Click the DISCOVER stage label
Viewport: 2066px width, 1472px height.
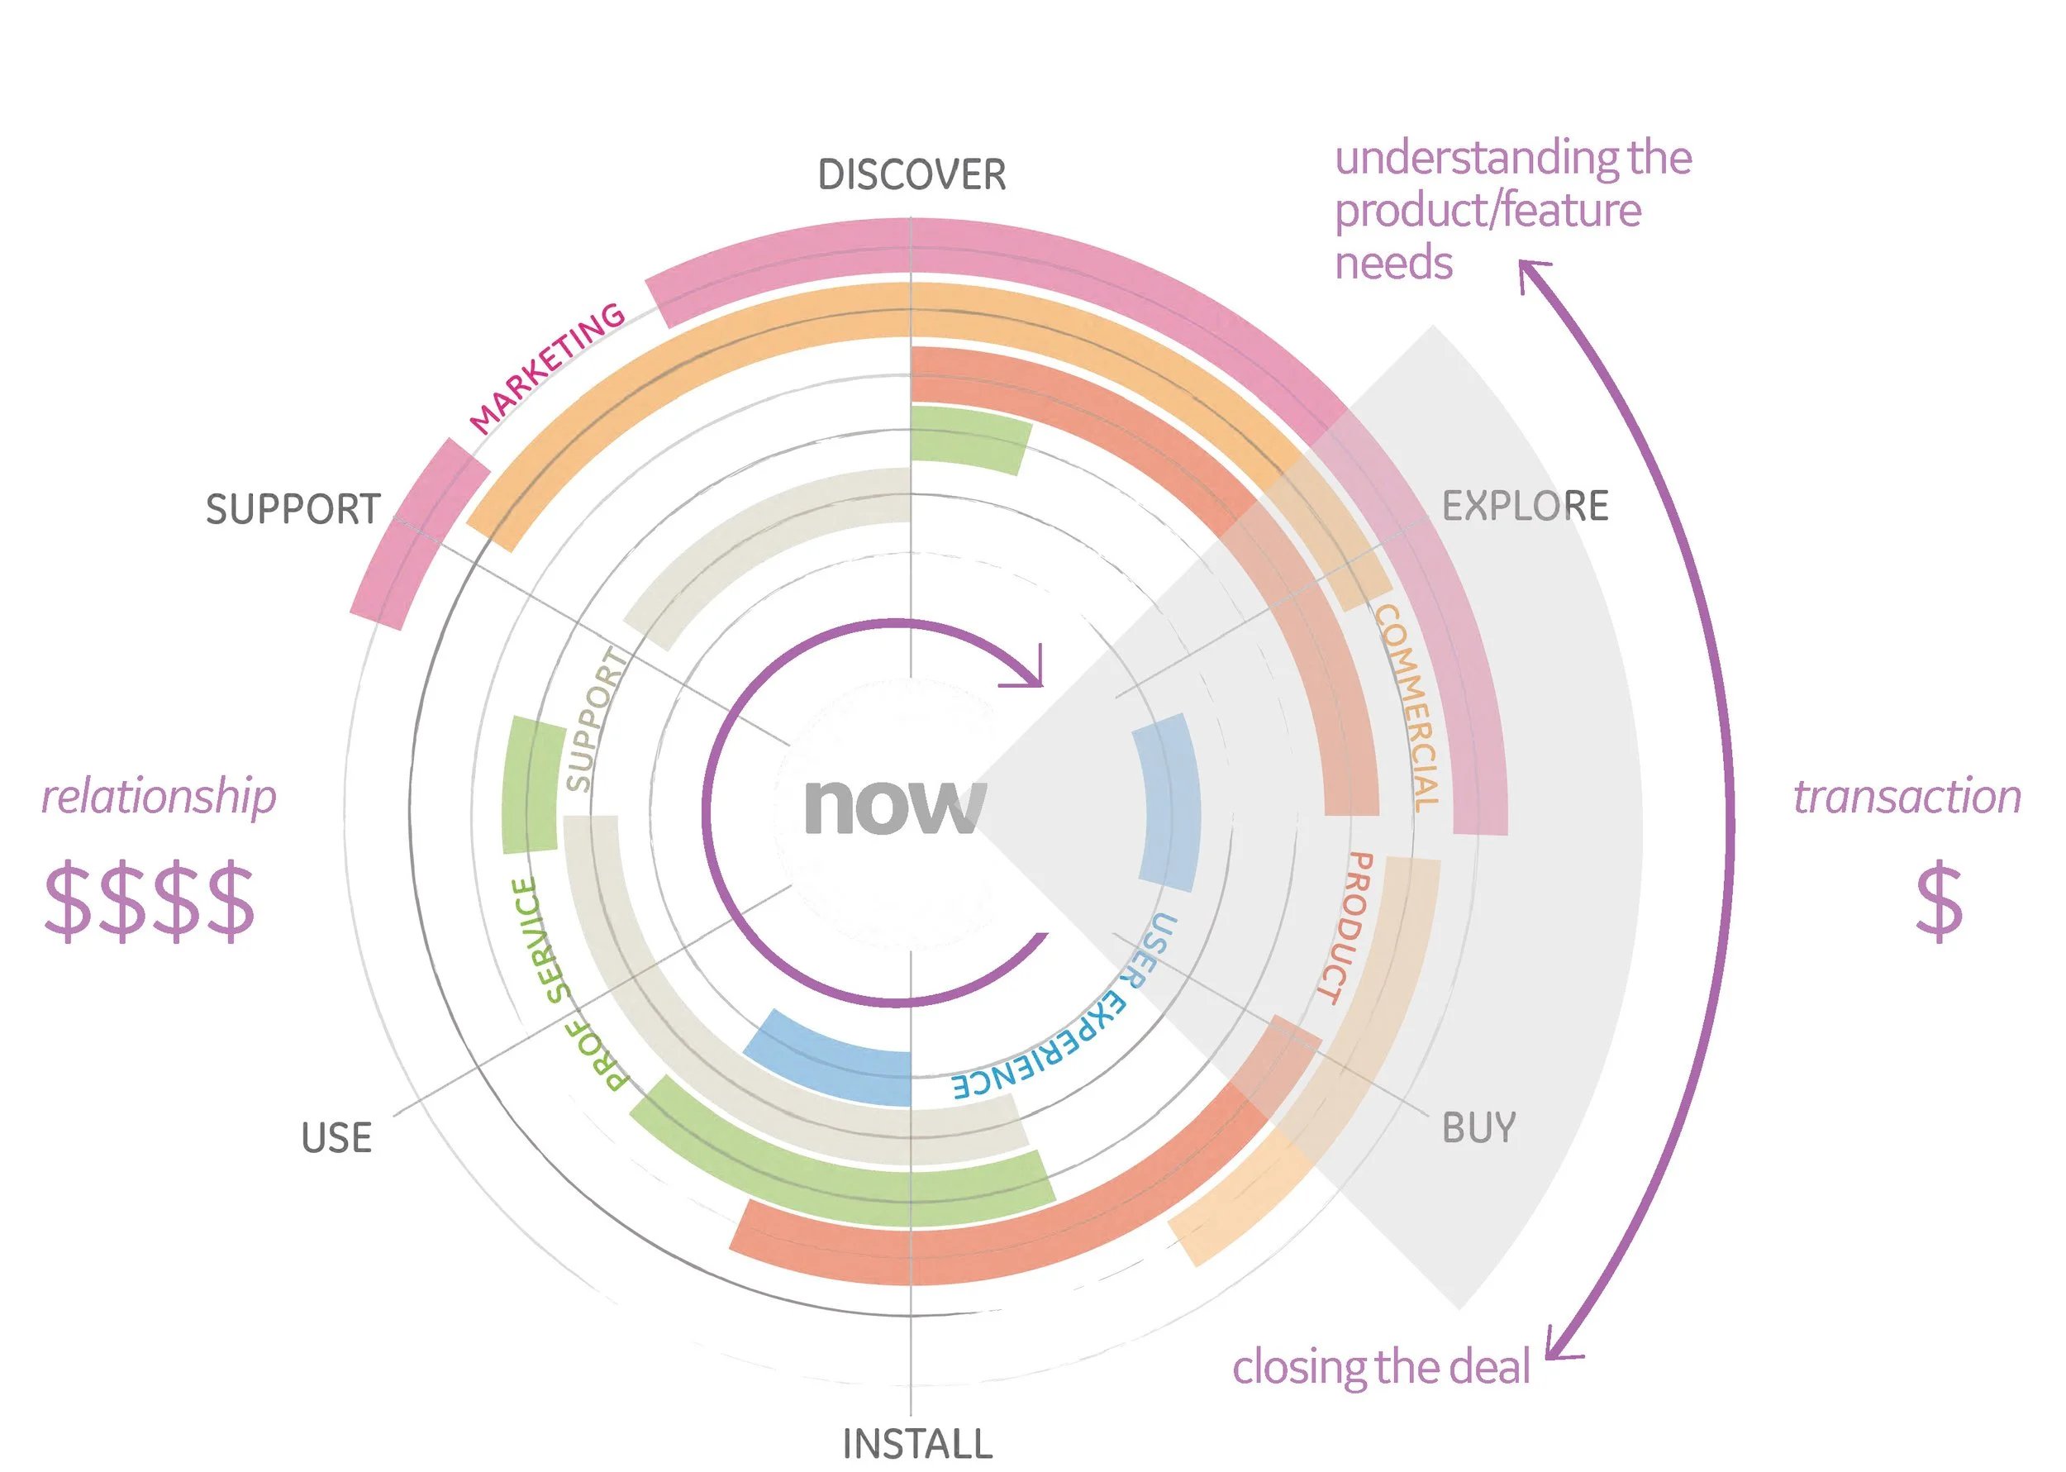[911, 175]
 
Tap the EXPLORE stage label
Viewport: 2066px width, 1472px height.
[1524, 506]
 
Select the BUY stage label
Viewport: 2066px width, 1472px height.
[1478, 1128]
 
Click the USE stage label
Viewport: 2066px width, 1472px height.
[336, 1138]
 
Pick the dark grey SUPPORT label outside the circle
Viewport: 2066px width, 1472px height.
[293, 509]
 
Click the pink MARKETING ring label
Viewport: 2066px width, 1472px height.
[546, 367]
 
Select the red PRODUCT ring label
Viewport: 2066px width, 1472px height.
[1344, 927]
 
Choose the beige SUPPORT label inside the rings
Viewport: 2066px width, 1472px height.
[594, 721]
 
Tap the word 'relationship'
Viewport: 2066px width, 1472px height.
[159, 798]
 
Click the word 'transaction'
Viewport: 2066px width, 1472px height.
[1907, 798]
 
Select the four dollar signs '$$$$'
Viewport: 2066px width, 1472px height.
[150, 902]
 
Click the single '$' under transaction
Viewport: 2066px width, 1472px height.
[1938, 903]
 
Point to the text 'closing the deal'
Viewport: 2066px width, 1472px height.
[1380, 1367]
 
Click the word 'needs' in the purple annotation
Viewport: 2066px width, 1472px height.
[1392, 264]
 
